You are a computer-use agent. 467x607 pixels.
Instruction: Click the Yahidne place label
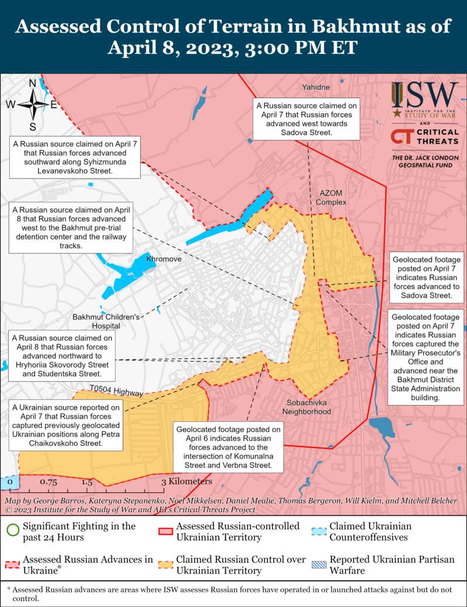point(316,87)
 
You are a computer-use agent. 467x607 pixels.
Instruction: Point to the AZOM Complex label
point(331,197)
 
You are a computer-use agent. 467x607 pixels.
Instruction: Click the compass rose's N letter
point(33,83)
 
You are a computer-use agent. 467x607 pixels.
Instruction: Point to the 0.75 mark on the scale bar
point(48,482)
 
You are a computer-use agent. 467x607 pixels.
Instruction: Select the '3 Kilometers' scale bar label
point(187,482)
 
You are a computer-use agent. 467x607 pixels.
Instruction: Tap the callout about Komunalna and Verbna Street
point(228,448)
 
